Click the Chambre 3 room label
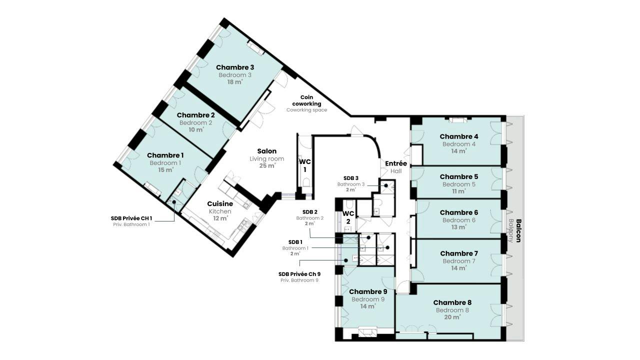(x=235, y=67)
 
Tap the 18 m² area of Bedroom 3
(x=235, y=82)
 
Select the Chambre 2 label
(x=195, y=115)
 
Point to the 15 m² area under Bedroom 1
(x=165, y=170)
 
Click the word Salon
(x=267, y=151)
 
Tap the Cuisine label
(x=220, y=203)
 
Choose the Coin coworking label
(x=306, y=100)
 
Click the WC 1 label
(x=305, y=165)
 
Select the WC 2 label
(x=348, y=217)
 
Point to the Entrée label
(x=396, y=163)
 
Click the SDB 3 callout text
(x=351, y=178)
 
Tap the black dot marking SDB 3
(x=385, y=185)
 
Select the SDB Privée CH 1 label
(x=131, y=218)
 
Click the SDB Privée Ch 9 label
(x=299, y=274)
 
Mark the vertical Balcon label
(x=518, y=230)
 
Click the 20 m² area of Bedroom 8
(x=452, y=317)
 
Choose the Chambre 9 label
(x=368, y=291)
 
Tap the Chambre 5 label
(x=459, y=177)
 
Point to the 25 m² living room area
(x=267, y=165)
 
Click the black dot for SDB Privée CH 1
(x=173, y=202)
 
